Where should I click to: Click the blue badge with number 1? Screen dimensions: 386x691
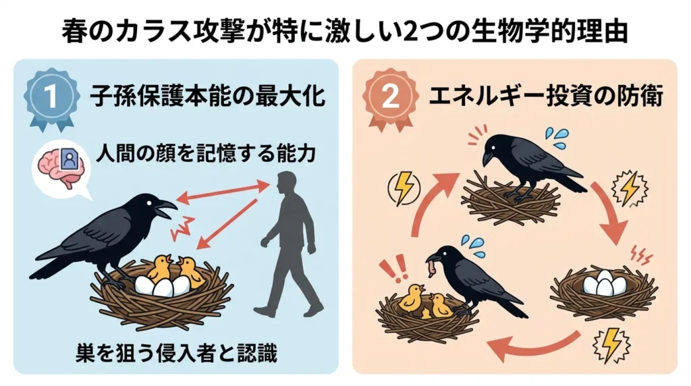pos(51,97)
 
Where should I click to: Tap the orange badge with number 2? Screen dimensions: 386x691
pos(389,97)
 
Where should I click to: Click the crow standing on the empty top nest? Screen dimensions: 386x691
pos(526,165)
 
